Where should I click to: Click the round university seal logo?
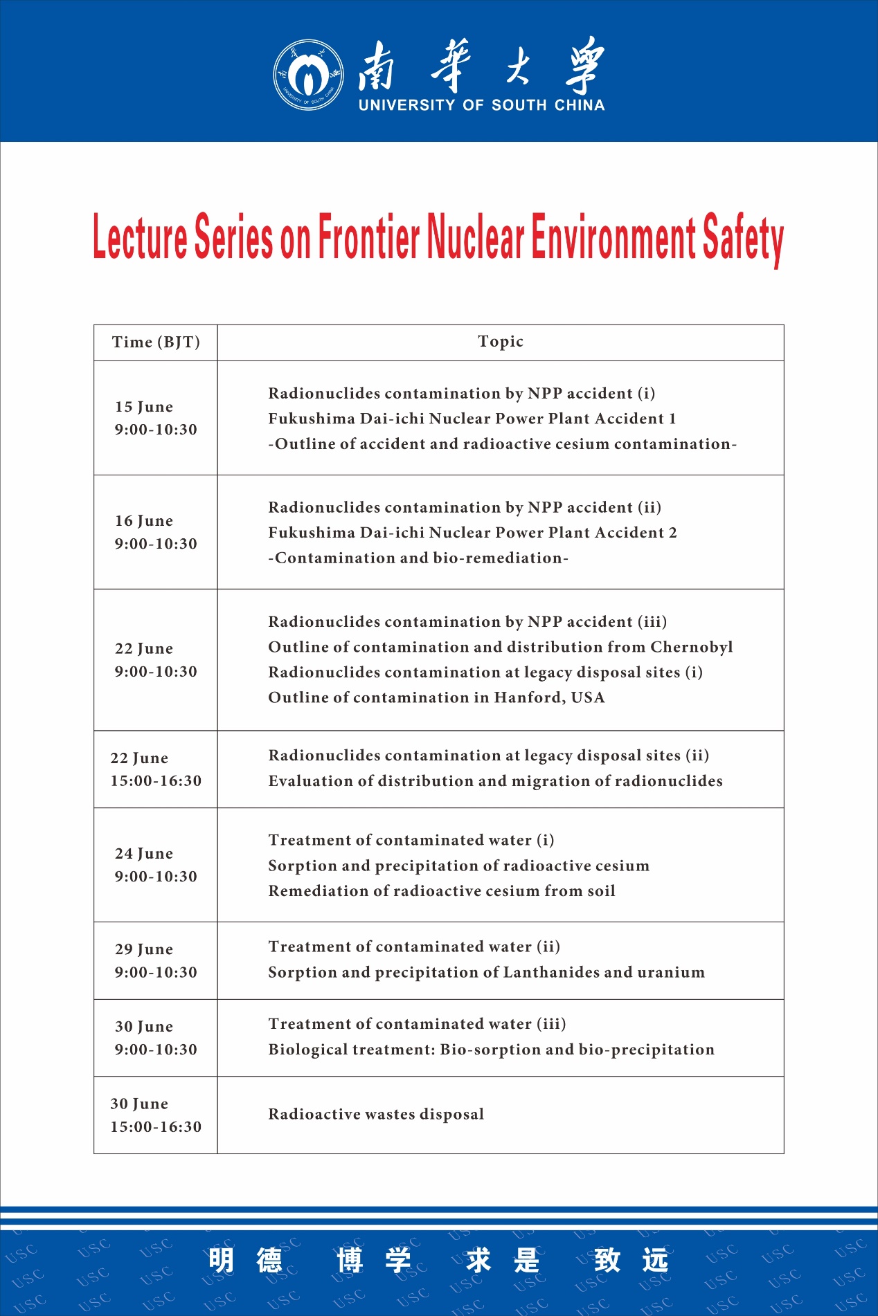[x=308, y=74]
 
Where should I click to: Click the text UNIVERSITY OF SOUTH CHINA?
[x=481, y=105]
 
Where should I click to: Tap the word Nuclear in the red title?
[x=476, y=237]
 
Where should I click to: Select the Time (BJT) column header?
[x=156, y=342]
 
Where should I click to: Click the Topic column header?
[x=501, y=341]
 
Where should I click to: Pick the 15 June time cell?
[x=156, y=418]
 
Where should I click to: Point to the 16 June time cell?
[x=156, y=532]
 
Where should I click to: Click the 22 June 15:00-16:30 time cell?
[x=156, y=769]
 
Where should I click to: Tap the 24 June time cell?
[x=156, y=865]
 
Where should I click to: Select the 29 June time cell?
[x=156, y=960]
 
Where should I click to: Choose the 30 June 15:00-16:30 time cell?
[x=156, y=1115]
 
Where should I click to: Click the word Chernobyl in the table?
[x=691, y=647]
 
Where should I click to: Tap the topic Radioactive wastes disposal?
[x=376, y=1114]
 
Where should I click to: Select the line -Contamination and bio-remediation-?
[x=418, y=558]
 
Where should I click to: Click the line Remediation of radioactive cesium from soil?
[x=442, y=890]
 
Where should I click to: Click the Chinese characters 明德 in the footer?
[x=246, y=1261]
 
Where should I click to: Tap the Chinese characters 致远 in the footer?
[x=631, y=1261]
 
